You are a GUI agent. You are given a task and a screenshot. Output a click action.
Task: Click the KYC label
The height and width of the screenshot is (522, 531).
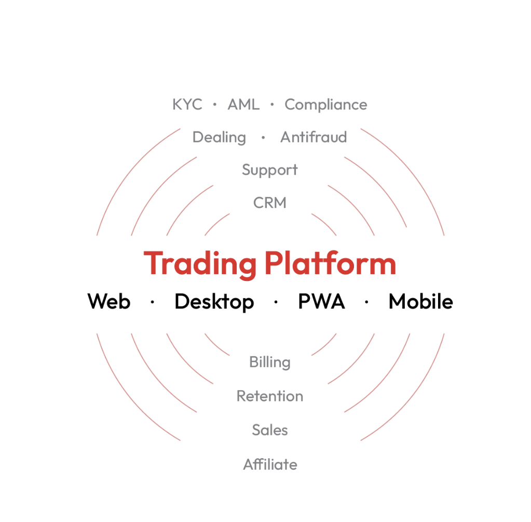[187, 105]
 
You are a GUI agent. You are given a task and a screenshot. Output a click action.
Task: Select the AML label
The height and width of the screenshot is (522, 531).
[243, 105]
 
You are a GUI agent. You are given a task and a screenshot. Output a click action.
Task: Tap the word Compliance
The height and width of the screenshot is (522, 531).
[325, 105]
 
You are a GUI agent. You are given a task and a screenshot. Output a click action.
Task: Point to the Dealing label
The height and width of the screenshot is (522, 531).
[219, 137]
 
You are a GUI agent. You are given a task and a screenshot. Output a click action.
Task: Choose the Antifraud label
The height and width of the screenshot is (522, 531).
[314, 137]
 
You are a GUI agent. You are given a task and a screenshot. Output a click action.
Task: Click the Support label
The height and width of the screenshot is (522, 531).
[270, 170]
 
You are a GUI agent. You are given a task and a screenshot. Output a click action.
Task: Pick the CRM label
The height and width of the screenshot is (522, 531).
[270, 203]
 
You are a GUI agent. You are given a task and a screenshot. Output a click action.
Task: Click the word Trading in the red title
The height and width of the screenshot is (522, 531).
[200, 264]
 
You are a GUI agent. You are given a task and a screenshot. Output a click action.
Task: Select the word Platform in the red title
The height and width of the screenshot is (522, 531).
[330, 263]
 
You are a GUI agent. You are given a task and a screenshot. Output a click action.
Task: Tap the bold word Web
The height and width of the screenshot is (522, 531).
[109, 301]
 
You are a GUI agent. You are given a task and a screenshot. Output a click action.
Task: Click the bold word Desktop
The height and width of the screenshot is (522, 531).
[214, 302]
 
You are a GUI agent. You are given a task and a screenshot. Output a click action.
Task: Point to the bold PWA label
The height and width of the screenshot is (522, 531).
[321, 301]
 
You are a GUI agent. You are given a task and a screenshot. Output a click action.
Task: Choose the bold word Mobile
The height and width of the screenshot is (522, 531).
[420, 301]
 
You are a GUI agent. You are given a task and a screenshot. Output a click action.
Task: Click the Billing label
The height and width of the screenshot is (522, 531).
[270, 362]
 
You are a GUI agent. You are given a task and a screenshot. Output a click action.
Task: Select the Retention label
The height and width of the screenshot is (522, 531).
[270, 397]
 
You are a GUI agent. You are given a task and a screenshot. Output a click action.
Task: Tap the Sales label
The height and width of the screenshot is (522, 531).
[270, 430]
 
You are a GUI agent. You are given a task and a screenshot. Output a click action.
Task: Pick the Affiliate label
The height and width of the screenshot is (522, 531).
[270, 464]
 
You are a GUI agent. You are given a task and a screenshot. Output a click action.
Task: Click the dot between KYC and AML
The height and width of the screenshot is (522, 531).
[215, 105]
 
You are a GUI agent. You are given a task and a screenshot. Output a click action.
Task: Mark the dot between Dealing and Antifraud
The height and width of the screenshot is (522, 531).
[263, 137]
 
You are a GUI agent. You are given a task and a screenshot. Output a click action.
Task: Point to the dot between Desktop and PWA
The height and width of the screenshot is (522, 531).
[276, 301]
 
